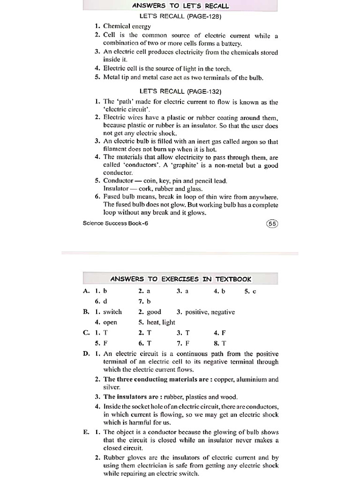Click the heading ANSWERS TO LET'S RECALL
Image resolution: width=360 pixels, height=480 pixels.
pos(180,6)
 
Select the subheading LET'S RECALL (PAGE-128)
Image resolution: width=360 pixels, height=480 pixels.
pos(180,16)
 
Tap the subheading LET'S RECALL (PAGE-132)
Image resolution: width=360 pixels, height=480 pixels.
pos(180,91)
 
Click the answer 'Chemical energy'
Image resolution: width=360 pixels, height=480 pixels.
pos(127,26)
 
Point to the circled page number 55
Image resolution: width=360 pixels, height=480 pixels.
pos(272,224)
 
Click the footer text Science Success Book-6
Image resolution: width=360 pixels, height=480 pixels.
pos(115,223)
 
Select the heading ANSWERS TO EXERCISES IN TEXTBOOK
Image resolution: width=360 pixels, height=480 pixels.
pos(180,279)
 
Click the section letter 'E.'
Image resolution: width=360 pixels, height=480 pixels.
pos(86,432)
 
